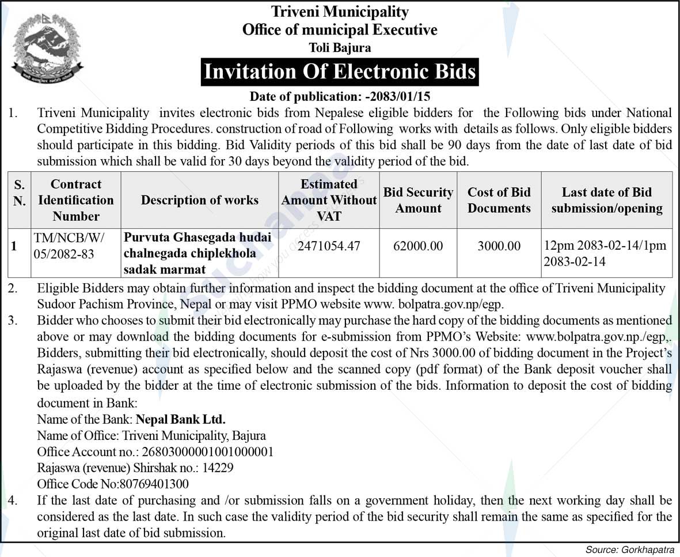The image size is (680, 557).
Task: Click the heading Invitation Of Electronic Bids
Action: (340, 72)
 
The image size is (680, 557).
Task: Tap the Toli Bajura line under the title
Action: (340, 47)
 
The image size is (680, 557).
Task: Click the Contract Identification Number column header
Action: (76, 200)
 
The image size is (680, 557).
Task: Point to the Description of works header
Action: (200, 200)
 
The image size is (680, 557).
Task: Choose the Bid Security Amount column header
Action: (418, 200)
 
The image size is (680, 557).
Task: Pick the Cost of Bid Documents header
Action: (499, 200)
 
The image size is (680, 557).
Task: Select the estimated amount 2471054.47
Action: (329, 246)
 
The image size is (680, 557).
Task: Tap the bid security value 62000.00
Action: (418, 246)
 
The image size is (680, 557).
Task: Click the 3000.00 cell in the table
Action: (499, 246)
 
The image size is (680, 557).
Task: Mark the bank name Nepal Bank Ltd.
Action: (180, 419)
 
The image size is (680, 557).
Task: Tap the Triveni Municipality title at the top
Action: (340, 12)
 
